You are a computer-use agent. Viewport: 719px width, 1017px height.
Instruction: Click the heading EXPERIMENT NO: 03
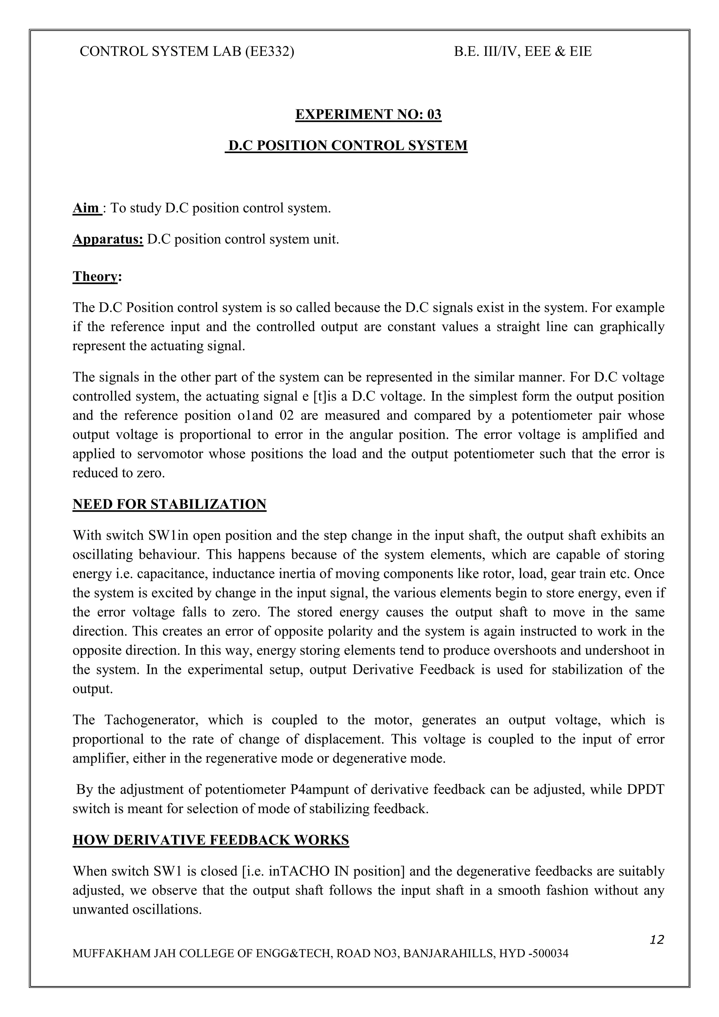[x=368, y=114]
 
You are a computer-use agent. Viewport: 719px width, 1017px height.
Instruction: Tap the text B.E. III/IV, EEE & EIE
[x=523, y=52]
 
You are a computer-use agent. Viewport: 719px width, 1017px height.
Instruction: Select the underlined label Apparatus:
[x=108, y=240]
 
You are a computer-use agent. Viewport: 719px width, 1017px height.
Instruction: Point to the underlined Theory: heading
[x=97, y=277]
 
